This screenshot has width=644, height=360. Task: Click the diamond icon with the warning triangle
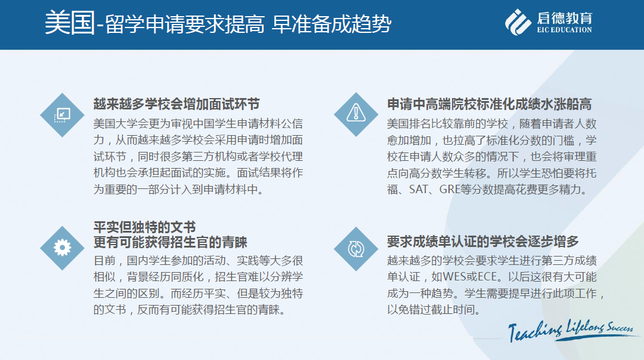coord(356,114)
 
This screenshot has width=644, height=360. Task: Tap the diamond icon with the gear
coord(62,248)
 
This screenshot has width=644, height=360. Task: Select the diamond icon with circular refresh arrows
coord(356,249)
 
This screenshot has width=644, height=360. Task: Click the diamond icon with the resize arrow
coord(62,115)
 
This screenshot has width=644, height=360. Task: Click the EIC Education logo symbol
coord(518,22)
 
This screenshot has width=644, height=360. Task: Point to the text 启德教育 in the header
coord(564,18)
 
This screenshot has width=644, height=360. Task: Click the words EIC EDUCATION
coord(564,29)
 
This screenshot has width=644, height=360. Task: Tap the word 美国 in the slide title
coord(70,23)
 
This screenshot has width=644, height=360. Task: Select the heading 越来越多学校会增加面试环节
coord(176,104)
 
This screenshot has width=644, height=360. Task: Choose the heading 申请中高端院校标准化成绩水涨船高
coord(489,104)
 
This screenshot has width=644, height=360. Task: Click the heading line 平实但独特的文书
coord(145,227)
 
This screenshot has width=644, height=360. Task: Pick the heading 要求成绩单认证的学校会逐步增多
coord(483,241)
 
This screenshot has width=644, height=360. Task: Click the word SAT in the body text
coord(419,190)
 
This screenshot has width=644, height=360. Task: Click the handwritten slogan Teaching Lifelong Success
coord(571,330)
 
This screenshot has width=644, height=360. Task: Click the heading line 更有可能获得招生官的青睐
coord(170,242)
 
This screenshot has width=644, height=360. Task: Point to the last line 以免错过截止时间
coord(434,309)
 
